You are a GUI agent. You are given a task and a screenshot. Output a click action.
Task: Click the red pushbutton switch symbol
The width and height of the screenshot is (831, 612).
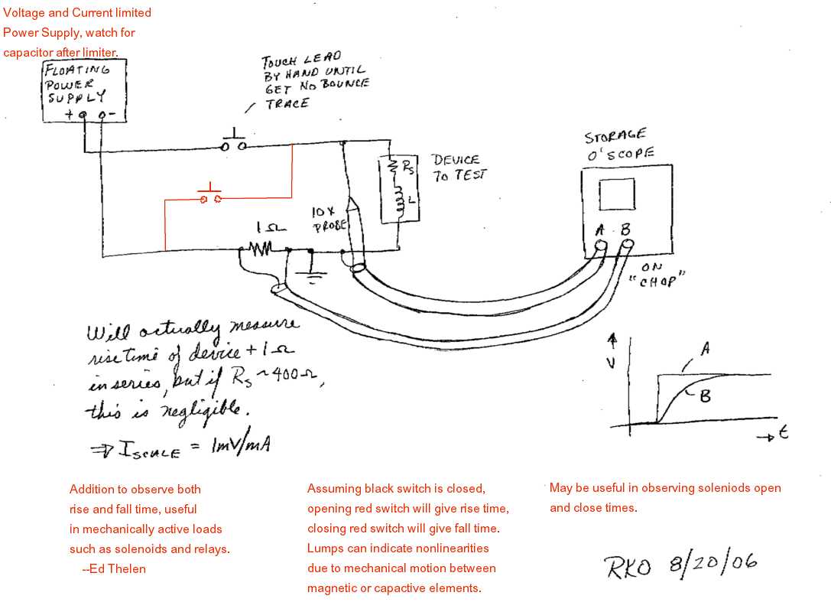pos(209,197)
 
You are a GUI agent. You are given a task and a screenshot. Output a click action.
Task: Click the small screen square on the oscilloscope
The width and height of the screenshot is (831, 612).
pos(616,194)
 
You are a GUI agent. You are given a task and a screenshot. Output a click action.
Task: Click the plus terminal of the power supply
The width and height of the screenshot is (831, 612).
pos(83,116)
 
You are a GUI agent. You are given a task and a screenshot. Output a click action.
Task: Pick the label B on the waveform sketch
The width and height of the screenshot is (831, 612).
pos(705,396)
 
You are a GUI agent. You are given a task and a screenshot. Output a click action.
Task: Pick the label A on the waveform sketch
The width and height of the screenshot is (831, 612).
pos(704,349)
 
